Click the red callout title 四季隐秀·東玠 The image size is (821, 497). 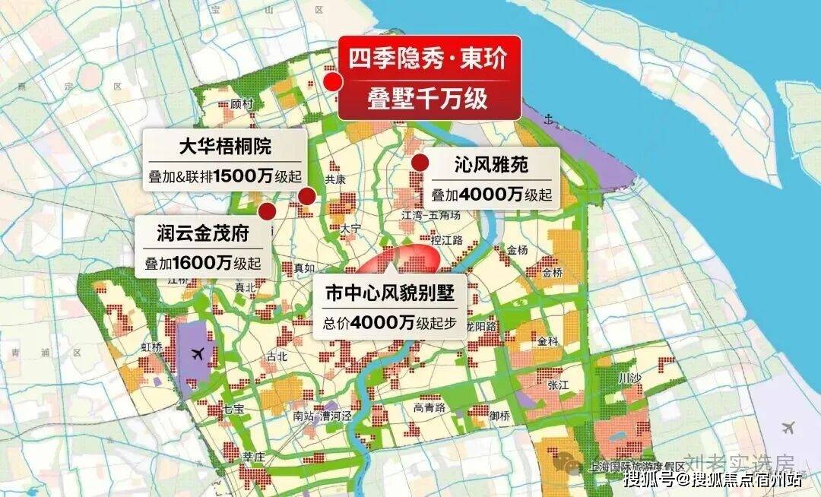(427, 60)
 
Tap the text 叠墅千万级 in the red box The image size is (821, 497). (427, 99)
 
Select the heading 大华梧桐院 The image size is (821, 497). (225, 146)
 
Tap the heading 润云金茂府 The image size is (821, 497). (203, 231)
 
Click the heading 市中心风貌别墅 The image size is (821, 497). (390, 293)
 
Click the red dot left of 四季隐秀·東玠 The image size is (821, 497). (332, 81)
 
